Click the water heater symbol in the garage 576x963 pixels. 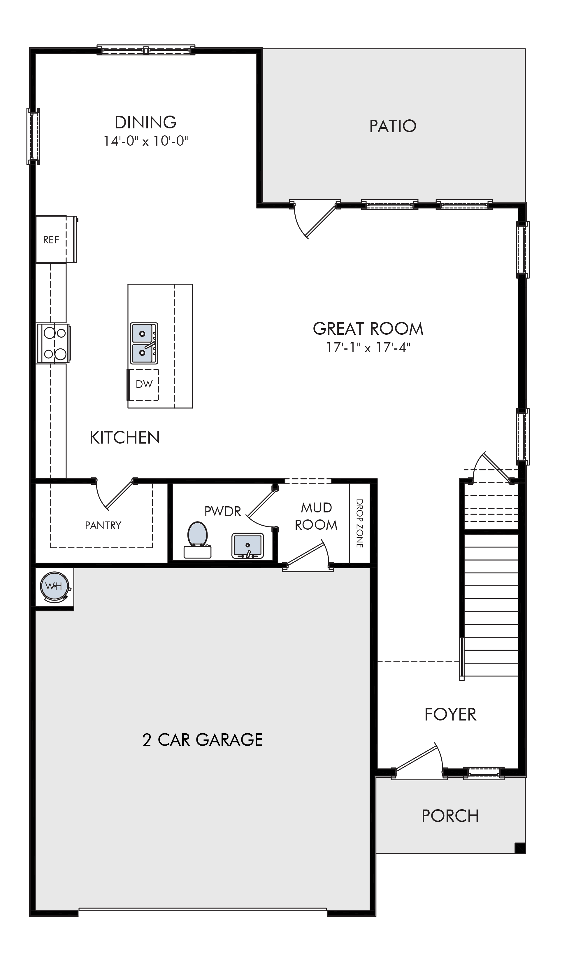[55, 587]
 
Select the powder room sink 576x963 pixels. [248, 546]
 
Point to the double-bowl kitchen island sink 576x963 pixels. [144, 343]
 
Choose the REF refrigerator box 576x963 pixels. [56, 239]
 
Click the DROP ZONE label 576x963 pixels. [359, 523]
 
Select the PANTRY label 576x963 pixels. [103, 525]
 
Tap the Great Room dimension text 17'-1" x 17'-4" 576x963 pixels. [368, 347]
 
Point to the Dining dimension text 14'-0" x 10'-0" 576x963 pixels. [145, 141]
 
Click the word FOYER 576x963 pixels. [450, 715]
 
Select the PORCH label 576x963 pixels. [450, 816]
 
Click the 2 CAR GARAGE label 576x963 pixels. [203, 740]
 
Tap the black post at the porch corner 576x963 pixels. [520, 848]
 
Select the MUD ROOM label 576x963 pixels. [316, 516]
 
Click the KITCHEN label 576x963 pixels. [124, 438]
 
